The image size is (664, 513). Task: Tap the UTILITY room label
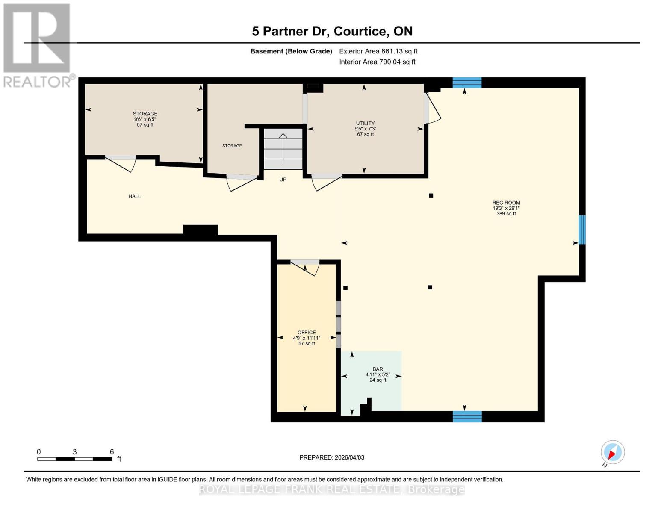(365, 124)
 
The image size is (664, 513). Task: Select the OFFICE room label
(307, 333)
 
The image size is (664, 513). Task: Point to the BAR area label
(378, 369)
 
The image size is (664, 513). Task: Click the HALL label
(135, 196)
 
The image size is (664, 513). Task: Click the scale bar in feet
(75, 459)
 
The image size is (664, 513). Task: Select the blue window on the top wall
(467, 83)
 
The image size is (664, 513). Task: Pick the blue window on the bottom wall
(467, 416)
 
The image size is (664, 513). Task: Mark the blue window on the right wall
(582, 230)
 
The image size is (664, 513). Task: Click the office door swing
(305, 268)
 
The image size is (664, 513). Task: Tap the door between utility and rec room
(432, 109)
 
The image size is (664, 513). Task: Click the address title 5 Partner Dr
(332, 31)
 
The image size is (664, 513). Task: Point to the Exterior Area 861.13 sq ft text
(378, 51)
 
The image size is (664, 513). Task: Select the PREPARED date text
(332, 457)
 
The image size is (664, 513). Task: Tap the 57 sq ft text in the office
(307, 344)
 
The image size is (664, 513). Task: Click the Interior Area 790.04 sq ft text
(377, 62)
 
